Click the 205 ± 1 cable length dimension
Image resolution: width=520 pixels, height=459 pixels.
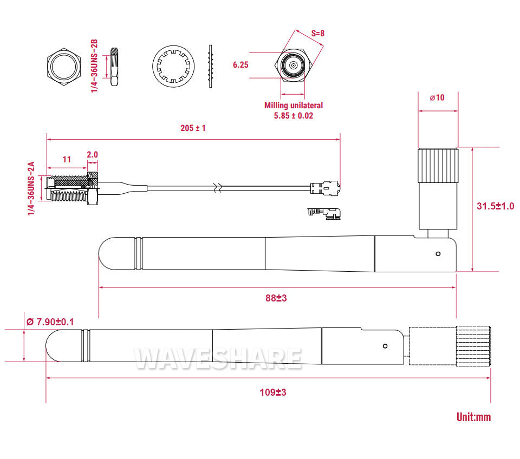193,128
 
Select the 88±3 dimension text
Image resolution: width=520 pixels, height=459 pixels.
276,298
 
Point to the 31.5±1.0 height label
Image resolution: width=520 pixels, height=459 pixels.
495,206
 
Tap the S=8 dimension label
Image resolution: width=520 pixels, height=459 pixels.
317,33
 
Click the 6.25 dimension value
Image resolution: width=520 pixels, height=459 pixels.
240,65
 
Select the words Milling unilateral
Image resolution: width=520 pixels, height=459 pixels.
293,106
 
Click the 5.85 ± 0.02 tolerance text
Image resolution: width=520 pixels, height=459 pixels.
293,115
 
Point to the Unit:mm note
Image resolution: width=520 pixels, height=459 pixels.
473,417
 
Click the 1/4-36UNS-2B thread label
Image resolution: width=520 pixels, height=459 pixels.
94,66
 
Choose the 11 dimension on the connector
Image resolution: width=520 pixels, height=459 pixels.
67,160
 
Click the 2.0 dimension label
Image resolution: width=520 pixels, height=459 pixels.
92,154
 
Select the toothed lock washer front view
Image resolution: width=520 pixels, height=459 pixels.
173,67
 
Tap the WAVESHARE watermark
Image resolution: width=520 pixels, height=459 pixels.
218,358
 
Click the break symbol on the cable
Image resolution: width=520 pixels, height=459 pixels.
218,188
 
